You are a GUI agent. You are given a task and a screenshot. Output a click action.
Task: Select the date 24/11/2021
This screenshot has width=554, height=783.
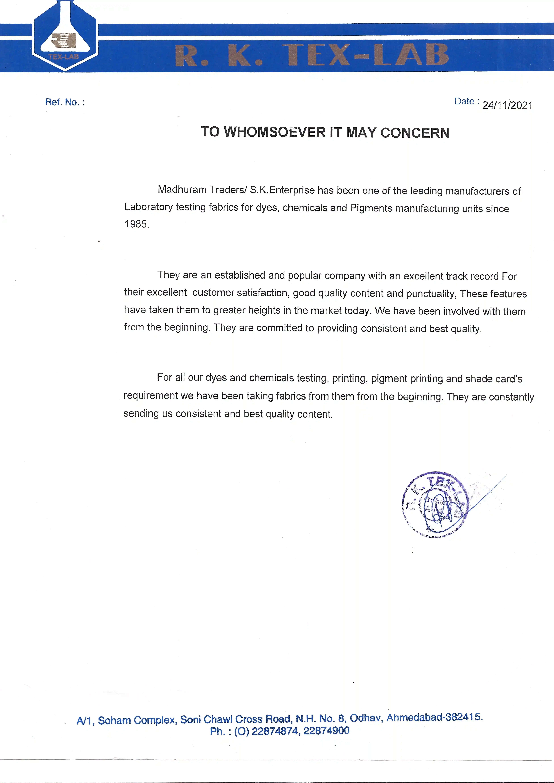[x=507, y=105]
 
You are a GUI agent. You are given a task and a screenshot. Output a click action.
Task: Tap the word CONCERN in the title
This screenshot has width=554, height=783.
[x=415, y=133]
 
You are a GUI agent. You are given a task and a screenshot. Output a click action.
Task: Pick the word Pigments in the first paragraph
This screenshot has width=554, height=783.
[x=371, y=208]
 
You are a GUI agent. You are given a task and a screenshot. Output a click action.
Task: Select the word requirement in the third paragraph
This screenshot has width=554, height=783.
[x=150, y=396]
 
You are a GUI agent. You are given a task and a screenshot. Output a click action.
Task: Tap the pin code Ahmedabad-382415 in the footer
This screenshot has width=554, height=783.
[x=434, y=717]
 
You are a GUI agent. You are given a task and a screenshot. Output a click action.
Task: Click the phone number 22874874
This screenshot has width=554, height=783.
[x=275, y=731]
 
